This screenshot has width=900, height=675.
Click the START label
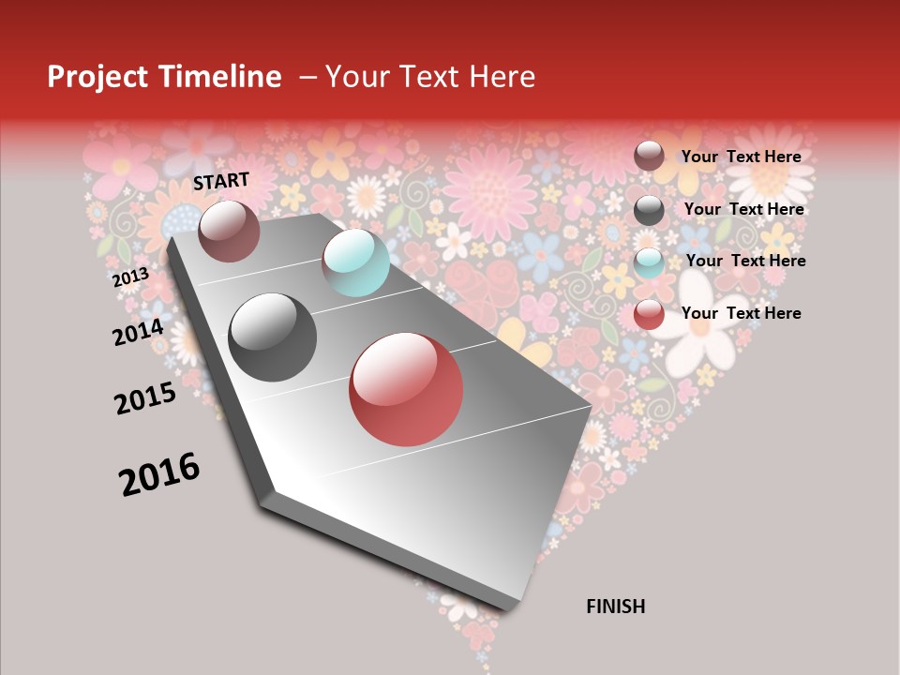tap(221, 181)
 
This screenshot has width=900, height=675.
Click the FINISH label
tap(615, 607)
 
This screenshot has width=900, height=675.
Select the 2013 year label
tap(130, 277)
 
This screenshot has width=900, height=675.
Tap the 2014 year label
tap(138, 332)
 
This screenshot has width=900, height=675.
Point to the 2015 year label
tap(145, 397)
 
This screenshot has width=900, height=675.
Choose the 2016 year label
tap(159, 474)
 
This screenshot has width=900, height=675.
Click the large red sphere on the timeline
tap(406, 389)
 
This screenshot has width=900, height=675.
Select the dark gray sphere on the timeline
tap(273, 337)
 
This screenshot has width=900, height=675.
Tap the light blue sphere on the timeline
tap(355, 262)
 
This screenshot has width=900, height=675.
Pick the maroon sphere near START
tap(229, 231)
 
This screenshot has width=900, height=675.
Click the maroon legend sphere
tap(649, 156)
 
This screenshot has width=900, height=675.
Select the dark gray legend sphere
tap(649, 209)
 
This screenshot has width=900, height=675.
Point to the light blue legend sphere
tap(649, 262)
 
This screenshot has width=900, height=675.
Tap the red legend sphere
tap(649, 314)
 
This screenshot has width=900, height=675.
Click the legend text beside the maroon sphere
tap(741, 157)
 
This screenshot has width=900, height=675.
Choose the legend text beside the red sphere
tap(741, 313)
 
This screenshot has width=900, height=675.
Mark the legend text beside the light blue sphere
tap(745, 261)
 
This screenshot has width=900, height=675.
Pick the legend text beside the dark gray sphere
tap(743, 209)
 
